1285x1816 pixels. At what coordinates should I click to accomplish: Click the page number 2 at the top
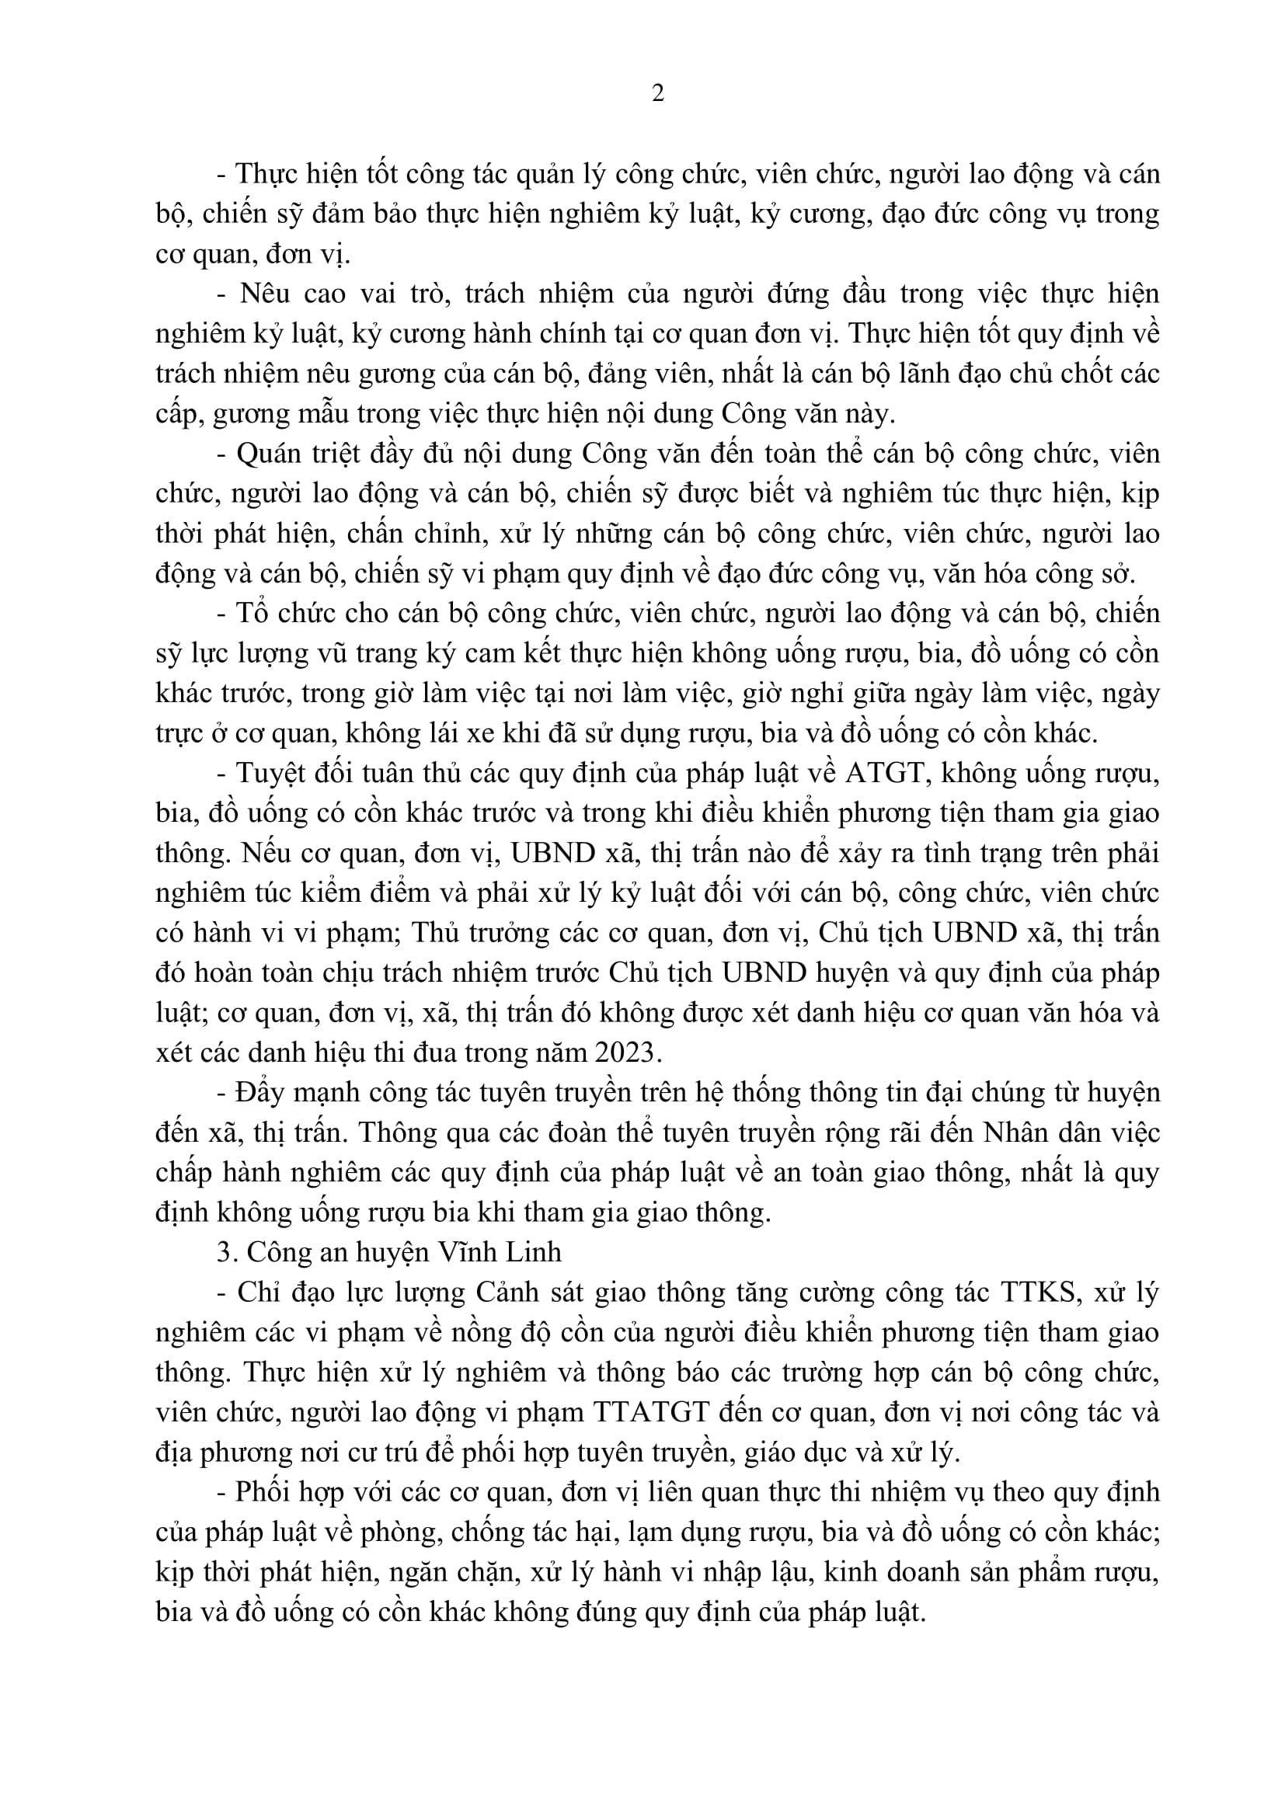pos(657,94)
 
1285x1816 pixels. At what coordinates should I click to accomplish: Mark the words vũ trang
pos(375,653)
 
